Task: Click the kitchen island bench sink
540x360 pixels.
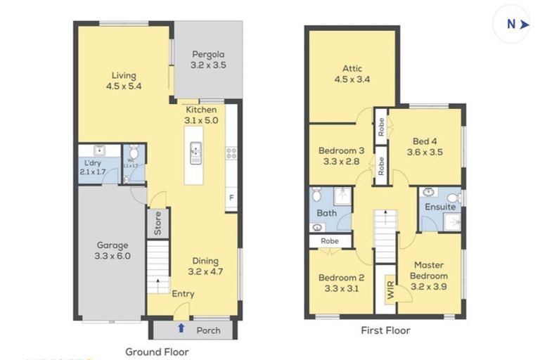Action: point(195,149)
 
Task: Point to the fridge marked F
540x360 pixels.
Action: point(230,199)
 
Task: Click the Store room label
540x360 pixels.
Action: point(157,223)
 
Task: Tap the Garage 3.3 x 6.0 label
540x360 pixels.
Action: point(112,251)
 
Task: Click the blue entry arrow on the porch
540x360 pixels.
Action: point(181,328)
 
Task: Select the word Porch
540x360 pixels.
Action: point(208,330)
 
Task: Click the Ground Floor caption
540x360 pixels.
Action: point(156,351)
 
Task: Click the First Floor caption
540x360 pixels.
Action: point(385,330)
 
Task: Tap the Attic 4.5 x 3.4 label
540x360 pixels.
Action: point(352,74)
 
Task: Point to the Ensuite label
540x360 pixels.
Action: point(439,207)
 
